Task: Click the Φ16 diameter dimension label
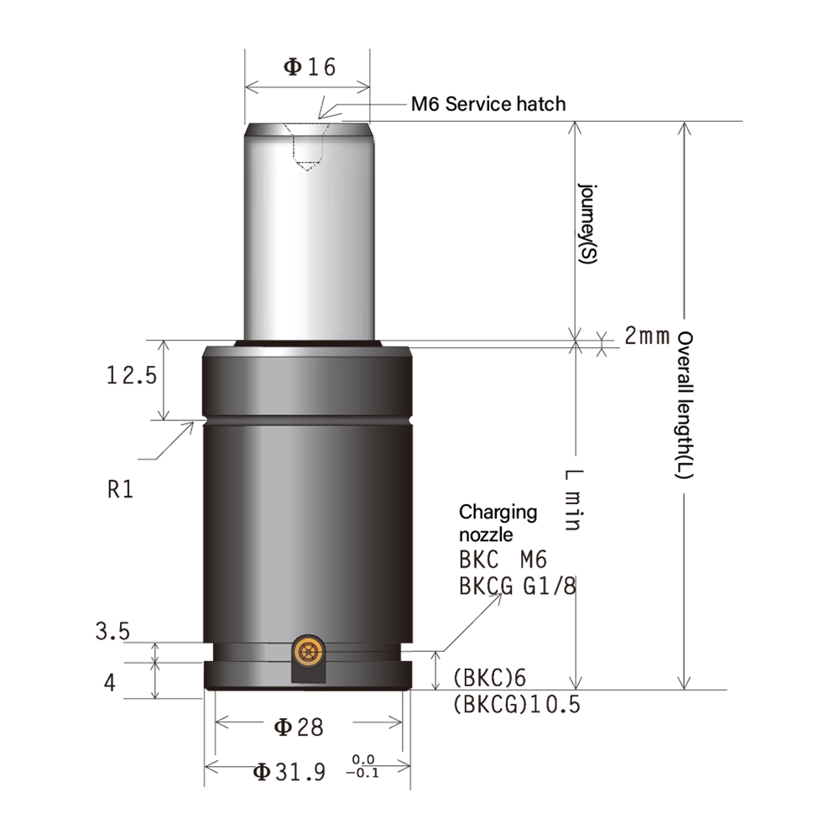click(x=309, y=67)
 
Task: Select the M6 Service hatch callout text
click(x=488, y=104)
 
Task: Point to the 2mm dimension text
click(x=647, y=337)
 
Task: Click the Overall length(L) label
click(x=685, y=405)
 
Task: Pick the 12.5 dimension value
click(x=131, y=376)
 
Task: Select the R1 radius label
click(x=121, y=489)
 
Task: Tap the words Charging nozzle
click(x=498, y=524)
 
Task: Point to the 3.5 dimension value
click(x=112, y=631)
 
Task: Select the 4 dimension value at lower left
click(x=110, y=683)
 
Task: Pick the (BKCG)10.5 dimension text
click(x=516, y=704)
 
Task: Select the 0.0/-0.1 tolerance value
click(x=362, y=766)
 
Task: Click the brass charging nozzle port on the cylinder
click(x=310, y=650)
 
